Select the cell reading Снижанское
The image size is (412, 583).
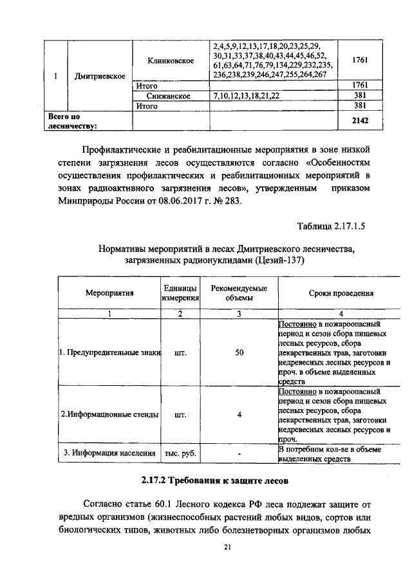pyautogui.click(x=171, y=96)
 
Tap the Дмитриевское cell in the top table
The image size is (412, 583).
pyautogui.click(x=99, y=77)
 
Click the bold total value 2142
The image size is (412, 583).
pyautogui.click(x=360, y=120)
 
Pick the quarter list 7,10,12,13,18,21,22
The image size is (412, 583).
pyautogui.click(x=247, y=96)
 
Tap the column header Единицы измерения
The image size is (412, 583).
pyautogui.click(x=180, y=293)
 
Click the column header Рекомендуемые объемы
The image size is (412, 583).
pyautogui.click(x=238, y=293)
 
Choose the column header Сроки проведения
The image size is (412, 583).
pyautogui.click(x=341, y=293)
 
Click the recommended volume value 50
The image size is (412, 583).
pyautogui.click(x=238, y=352)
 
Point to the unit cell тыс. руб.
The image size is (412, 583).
pyautogui.click(x=180, y=454)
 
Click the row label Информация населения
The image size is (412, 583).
pyautogui.click(x=109, y=454)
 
